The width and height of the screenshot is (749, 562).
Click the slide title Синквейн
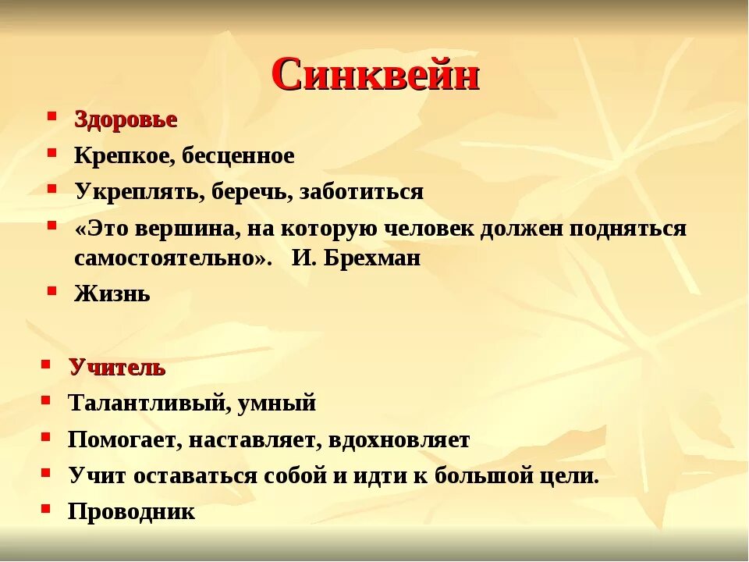375,75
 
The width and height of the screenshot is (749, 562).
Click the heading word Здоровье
126,120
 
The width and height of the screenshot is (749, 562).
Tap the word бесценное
239,156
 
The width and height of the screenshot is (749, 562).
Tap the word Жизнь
112,294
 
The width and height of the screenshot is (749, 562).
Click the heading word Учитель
117,368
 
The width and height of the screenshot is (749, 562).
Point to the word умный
278,404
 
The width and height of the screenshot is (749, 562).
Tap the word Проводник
132,512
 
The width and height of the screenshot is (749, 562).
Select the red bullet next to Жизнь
51,291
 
